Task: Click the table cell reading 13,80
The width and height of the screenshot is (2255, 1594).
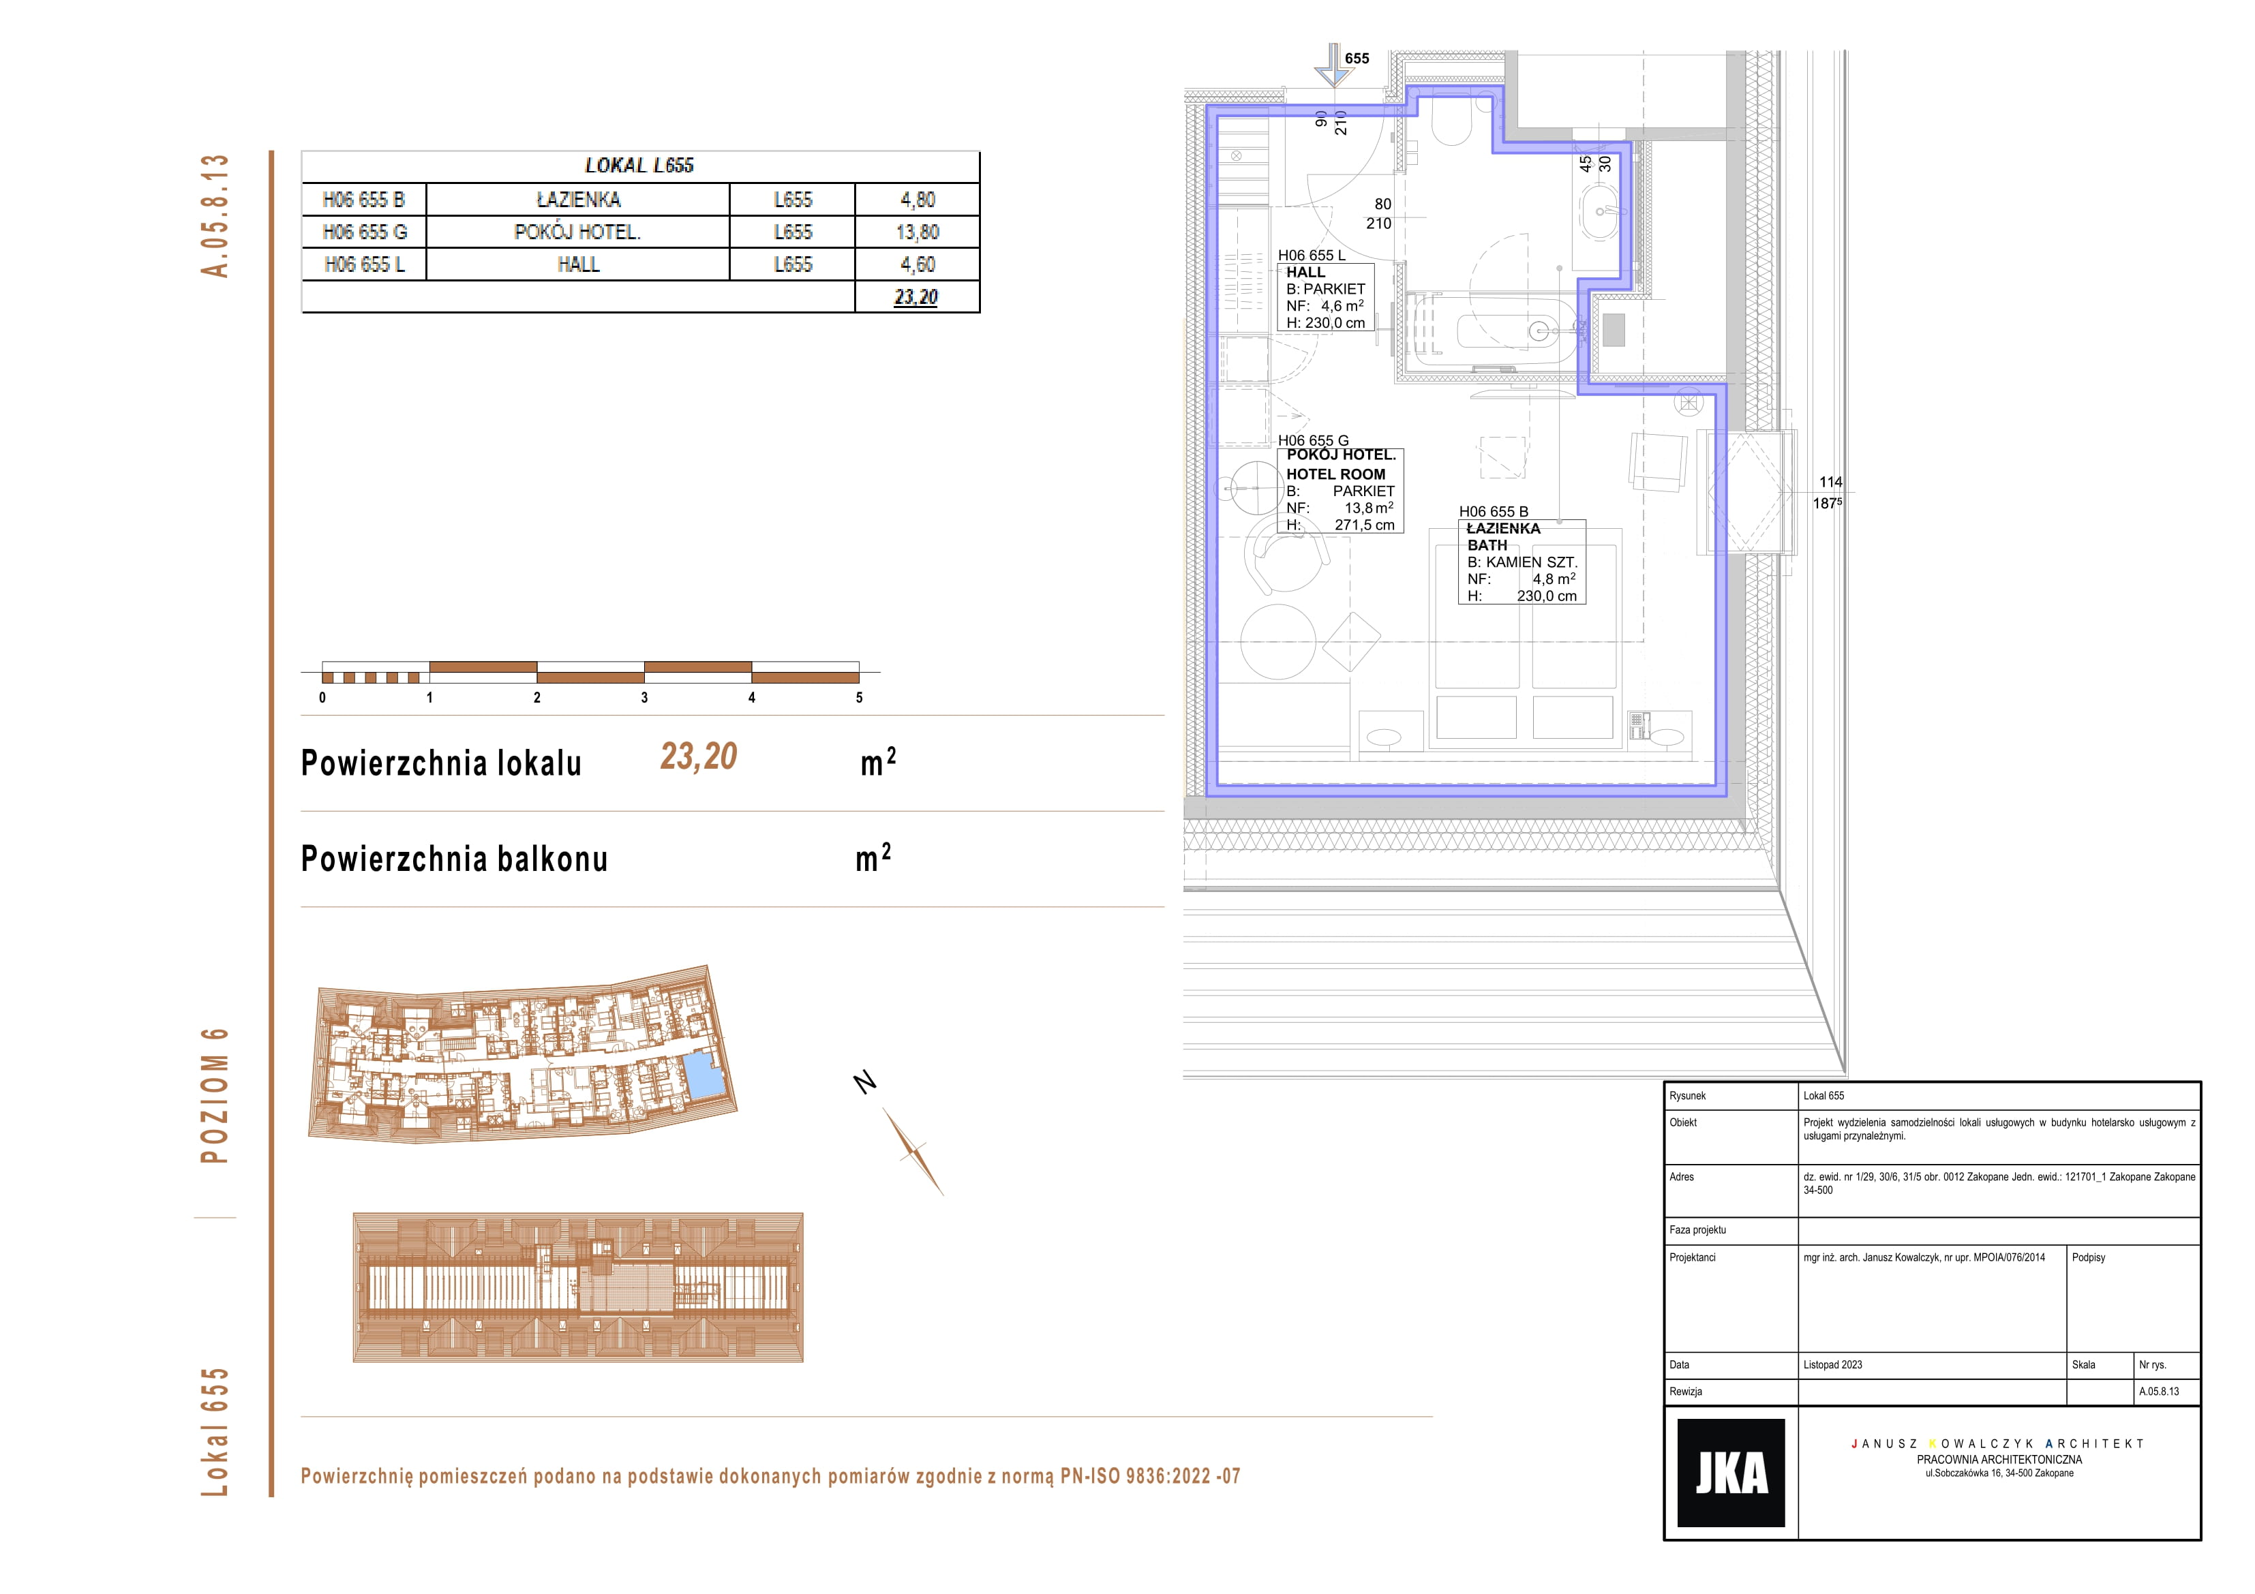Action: pos(918,232)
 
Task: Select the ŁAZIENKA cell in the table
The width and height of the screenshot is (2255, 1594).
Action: pos(579,200)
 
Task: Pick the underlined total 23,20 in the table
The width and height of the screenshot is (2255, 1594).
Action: pos(916,296)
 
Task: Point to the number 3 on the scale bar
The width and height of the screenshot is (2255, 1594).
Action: pos(644,697)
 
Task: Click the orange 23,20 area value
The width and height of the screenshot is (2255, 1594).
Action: pos(698,756)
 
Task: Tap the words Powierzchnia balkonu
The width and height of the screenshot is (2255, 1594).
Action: pos(454,859)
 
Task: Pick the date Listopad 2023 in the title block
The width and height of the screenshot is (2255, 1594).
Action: pos(1832,1365)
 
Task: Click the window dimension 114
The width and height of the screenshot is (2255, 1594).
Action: pos(1831,482)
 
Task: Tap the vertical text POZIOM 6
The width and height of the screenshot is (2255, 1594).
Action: pos(214,1096)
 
